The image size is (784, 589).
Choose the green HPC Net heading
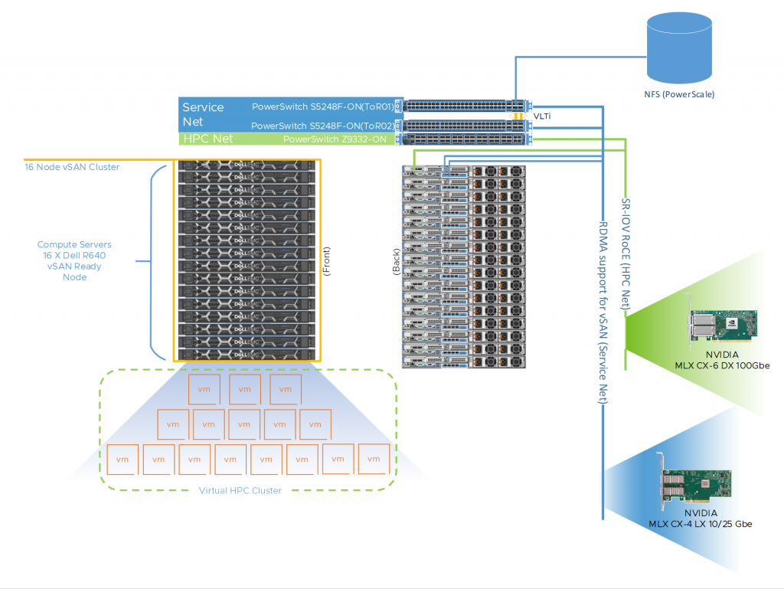[x=207, y=139]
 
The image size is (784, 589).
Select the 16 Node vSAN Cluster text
[x=72, y=167]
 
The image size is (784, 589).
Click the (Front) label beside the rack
[x=327, y=261]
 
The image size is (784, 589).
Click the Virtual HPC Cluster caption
[x=240, y=490]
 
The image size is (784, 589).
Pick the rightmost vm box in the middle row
[x=315, y=424]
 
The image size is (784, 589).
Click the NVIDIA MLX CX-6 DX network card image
[x=722, y=327]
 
